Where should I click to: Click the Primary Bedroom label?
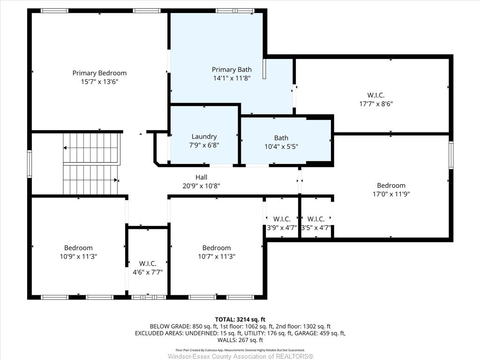[x=99, y=73]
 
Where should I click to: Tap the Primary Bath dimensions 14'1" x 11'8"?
[x=232, y=78]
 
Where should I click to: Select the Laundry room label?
[x=204, y=136]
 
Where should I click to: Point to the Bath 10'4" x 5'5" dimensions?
[x=281, y=147]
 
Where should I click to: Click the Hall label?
[x=202, y=177]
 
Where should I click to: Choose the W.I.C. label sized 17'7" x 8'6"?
[x=376, y=95]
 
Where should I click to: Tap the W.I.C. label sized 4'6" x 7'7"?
[x=148, y=263]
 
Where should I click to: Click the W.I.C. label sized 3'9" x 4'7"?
[x=282, y=219]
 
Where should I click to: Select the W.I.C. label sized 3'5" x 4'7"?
[x=316, y=219]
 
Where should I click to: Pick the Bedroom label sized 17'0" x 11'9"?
[x=391, y=185]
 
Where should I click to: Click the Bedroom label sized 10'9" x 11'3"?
[x=78, y=247]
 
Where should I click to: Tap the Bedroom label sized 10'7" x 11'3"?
[x=217, y=247]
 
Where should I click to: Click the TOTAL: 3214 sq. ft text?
[x=240, y=320]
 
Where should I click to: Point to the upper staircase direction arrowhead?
[x=65, y=148]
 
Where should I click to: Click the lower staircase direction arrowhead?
[x=116, y=180]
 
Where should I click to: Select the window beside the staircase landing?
[x=30, y=164]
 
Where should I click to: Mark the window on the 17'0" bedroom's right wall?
[x=451, y=155]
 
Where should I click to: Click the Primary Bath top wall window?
[x=235, y=11]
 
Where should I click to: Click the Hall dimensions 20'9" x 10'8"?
[x=202, y=186]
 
